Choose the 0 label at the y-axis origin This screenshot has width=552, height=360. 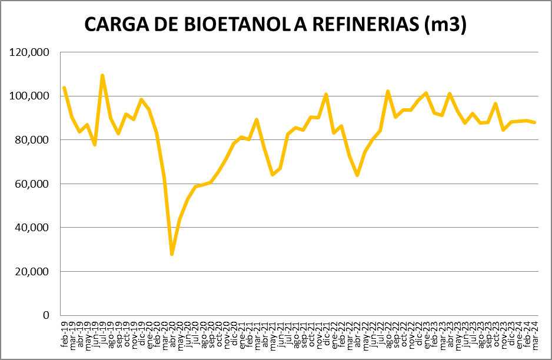click(x=46, y=315)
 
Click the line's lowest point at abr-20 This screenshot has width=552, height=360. click(x=172, y=254)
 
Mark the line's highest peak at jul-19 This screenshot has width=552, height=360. click(x=102, y=75)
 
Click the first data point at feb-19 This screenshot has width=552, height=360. click(x=64, y=88)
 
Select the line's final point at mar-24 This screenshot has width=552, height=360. click(x=534, y=122)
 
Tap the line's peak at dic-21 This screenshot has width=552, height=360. click(x=326, y=94)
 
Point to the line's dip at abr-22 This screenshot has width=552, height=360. click(x=357, y=175)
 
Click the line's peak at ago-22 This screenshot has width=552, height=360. click(x=388, y=91)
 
